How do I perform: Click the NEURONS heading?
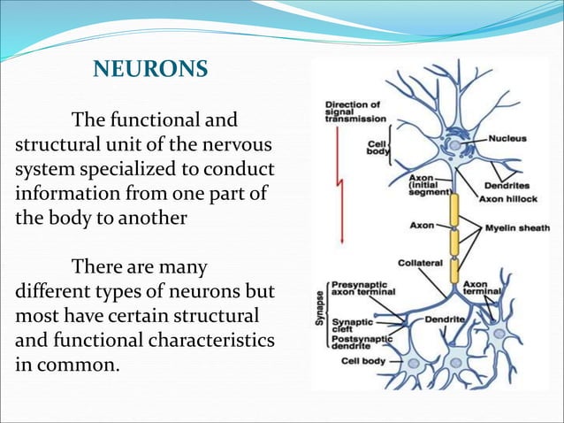click(150, 69)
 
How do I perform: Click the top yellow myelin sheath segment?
click(454, 211)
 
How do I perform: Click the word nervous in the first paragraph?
click(240, 144)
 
